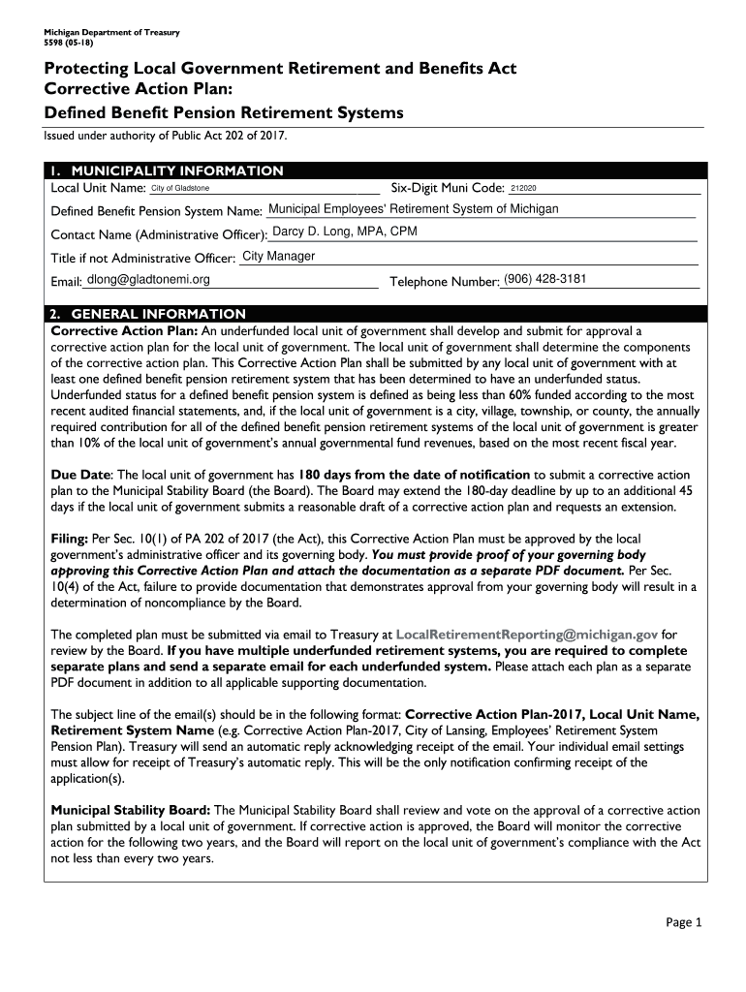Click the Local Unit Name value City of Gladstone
180,188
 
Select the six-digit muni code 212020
523,188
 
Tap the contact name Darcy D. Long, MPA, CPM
346,232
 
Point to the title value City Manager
278,257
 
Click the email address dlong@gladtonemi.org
148,280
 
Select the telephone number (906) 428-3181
545,280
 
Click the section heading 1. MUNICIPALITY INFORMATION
167,170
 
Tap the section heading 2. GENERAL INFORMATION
148,314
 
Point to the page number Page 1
684,922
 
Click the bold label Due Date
80,475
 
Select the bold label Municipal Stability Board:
130,810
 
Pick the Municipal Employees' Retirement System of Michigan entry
413,209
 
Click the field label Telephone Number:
445,282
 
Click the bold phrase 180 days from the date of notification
414,475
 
